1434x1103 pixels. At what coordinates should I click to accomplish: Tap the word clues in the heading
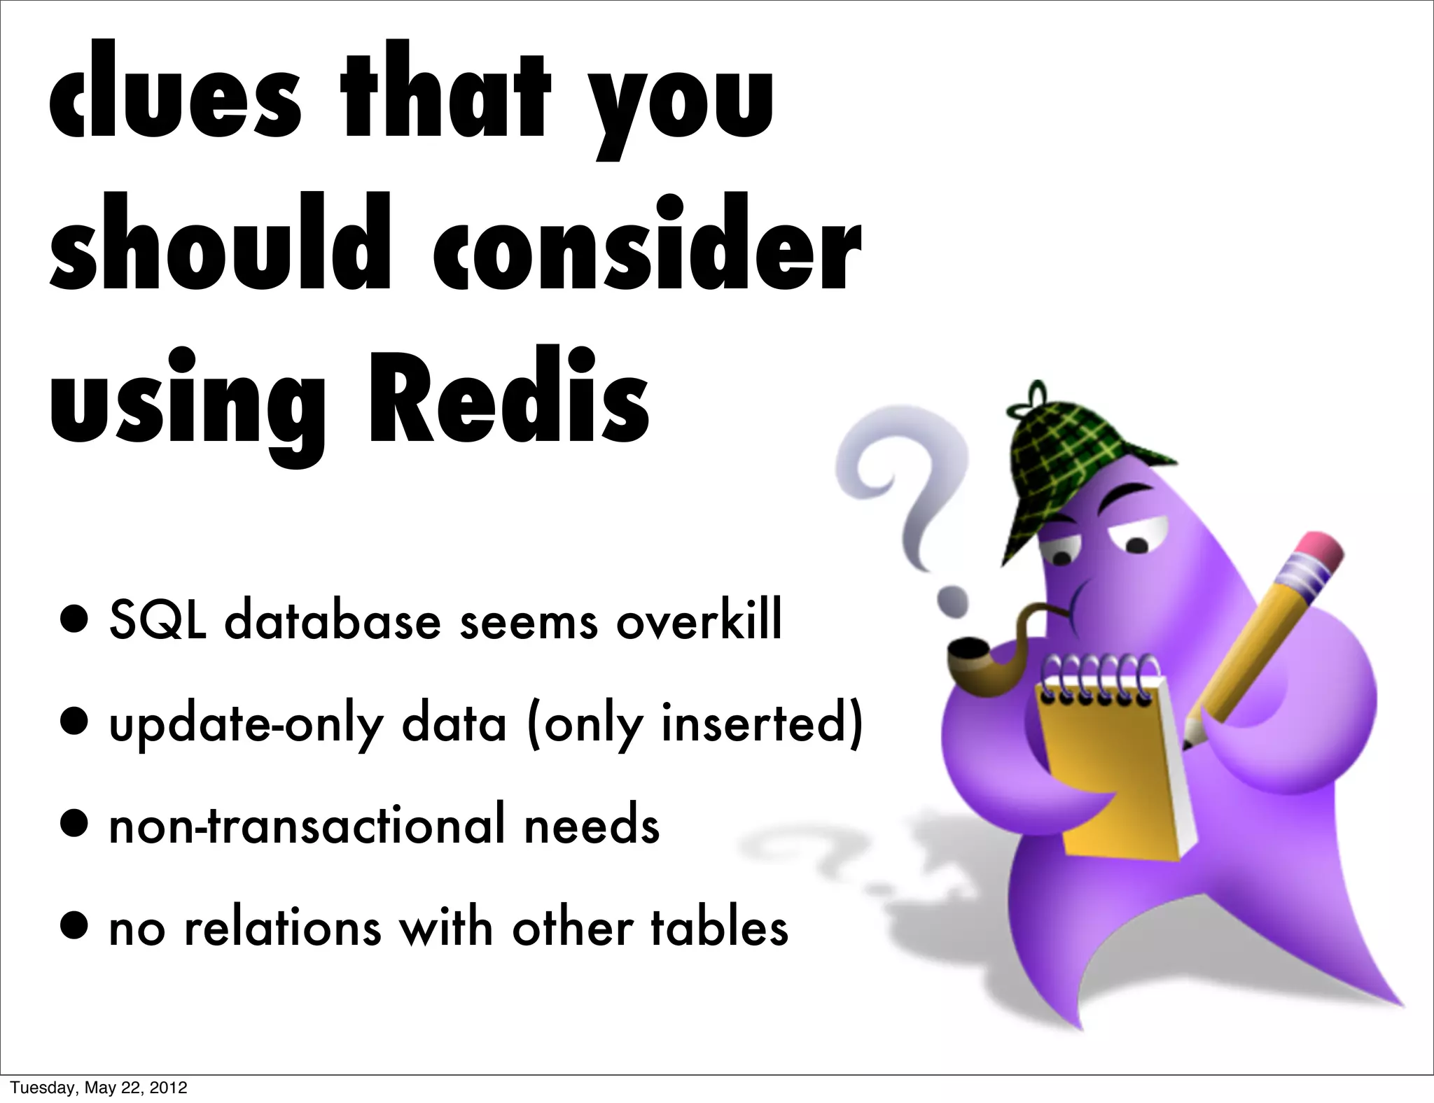click(x=175, y=101)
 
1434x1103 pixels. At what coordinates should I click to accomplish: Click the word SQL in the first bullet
click(x=158, y=621)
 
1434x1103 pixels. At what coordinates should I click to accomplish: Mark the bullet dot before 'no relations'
click(x=74, y=929)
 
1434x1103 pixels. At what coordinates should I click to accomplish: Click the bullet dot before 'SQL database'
click(x=74, y=622)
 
